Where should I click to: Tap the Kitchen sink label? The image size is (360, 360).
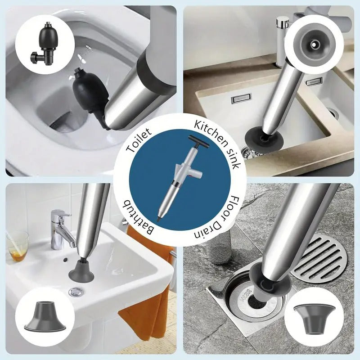click(218, 143)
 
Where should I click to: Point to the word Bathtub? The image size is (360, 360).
click(139, 218)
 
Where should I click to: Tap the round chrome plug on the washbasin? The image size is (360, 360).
click(75, 292)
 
